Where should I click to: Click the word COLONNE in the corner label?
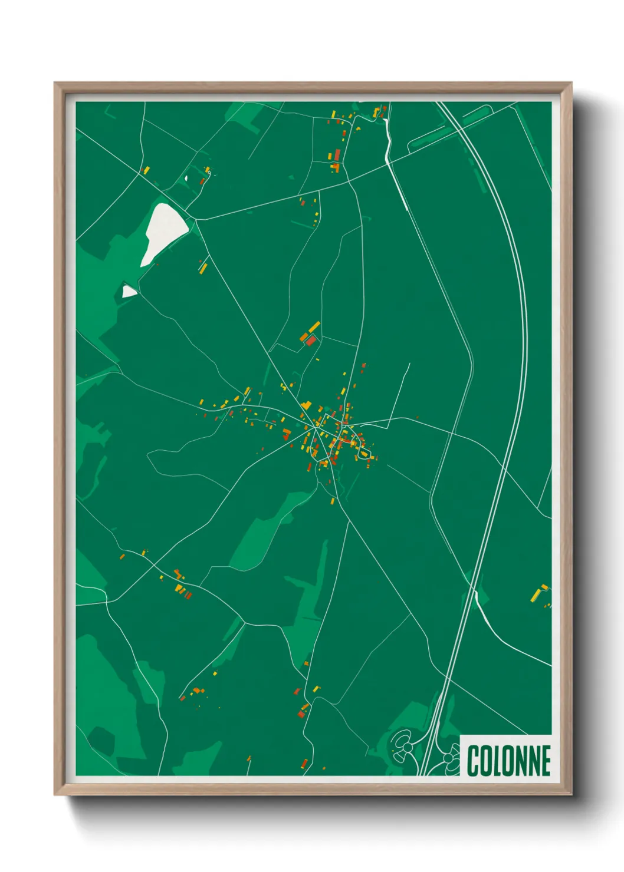(x=508, y=761)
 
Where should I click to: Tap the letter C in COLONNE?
(x=474, y=761)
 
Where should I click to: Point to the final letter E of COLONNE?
(x=545, y=761)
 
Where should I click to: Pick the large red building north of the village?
(x=311, y=341)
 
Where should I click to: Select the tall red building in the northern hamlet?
(x=337, y=155)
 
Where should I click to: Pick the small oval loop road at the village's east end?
(x=365, y=453)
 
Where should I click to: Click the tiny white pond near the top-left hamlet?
(x=186, y=178)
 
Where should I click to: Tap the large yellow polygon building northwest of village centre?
(x=306, y=405)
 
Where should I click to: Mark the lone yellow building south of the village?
(x=333, y=501)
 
